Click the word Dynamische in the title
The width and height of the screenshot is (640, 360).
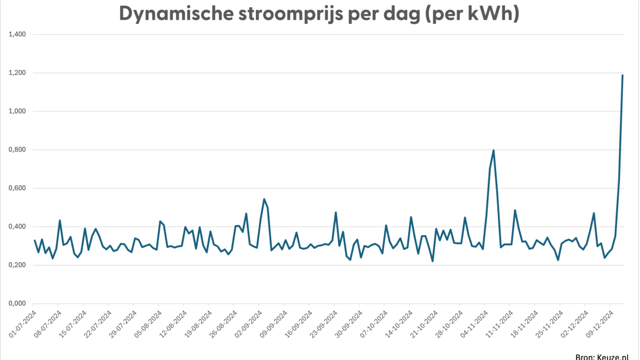coord(176,14)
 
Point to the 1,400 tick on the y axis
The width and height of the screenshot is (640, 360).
coord(17,34)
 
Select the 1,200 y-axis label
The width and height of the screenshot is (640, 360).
coord(17,73)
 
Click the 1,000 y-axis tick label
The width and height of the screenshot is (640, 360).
coord(17,111)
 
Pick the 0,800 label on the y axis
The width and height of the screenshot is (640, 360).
coord(17,150)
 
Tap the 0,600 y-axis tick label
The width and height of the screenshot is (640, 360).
coord(17,188)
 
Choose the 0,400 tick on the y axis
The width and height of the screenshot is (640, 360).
coord(17,227)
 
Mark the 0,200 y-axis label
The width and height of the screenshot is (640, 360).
coord(17,265)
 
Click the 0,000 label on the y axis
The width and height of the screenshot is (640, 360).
coord(17,303)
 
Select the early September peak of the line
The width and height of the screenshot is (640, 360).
coord(264,199)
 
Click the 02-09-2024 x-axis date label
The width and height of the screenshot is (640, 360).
coord(249,324)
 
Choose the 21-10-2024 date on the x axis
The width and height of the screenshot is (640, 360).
coord(424,324)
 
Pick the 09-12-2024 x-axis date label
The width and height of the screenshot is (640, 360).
coord(600,324)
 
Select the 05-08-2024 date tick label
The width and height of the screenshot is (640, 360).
coord(148,324)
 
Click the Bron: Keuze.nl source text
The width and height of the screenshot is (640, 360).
coord(602,356)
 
